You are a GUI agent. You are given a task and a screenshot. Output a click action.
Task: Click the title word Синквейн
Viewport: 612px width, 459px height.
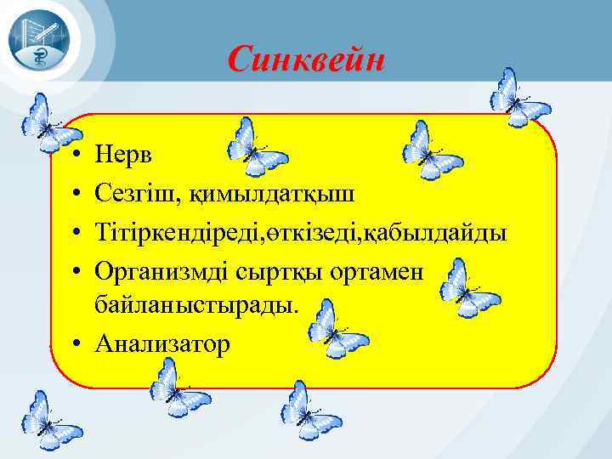point(306,59)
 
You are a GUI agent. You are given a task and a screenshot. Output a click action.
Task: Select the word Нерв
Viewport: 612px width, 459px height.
point(121,155)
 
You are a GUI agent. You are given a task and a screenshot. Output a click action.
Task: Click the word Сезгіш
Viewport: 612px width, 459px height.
point(133,193)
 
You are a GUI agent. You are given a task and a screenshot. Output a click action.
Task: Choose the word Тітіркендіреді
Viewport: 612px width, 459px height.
point(178,232)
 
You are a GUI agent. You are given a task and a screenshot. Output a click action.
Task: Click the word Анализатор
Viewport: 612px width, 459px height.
point(162,343)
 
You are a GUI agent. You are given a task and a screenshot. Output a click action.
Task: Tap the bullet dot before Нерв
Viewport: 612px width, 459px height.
point(76,156)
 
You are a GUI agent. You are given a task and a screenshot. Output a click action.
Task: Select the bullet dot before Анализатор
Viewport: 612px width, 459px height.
point(76,343)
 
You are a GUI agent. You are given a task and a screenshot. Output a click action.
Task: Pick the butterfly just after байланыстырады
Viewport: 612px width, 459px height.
point(337,330)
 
